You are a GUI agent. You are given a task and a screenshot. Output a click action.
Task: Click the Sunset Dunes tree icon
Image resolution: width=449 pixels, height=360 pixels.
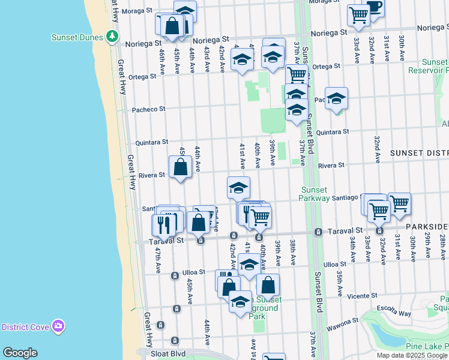click(112, 37)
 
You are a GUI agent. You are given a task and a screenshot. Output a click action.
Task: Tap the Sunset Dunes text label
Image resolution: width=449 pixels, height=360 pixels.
click(78, 37)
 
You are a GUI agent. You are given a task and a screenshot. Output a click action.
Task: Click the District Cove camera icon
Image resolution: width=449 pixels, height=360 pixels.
click(58, 326)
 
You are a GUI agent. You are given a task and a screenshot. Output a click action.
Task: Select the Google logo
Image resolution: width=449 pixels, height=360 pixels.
click(20, 353)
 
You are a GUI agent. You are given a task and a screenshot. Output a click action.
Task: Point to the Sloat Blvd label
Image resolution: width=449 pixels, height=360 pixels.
click(169, 354)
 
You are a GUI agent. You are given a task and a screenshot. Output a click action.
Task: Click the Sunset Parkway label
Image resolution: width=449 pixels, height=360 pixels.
click(315, 194)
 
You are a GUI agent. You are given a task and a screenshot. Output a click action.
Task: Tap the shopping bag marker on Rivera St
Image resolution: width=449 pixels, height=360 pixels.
click(181, 166)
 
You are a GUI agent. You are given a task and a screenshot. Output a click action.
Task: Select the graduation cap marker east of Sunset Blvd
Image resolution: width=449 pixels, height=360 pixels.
click(337, 98)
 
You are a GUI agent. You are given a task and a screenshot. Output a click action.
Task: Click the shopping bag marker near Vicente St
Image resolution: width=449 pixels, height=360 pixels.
click(268, 285)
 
